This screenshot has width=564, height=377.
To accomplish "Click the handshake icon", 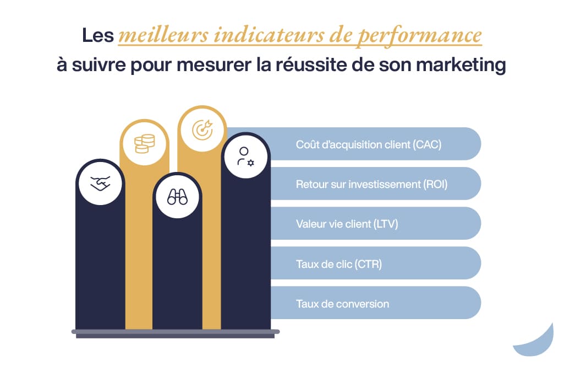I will pos(100,183).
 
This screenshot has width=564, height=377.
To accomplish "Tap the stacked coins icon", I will pos(145,143).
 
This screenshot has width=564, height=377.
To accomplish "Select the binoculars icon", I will pos(177,197).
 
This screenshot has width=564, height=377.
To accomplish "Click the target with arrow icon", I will pos(202,130).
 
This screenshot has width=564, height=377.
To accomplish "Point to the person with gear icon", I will pos(245,157).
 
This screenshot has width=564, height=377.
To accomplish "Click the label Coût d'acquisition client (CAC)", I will pos(369,145).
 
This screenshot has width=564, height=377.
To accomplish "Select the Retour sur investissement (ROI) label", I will pos(371,184).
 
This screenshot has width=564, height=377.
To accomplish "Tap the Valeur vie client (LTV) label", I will pos(347,224).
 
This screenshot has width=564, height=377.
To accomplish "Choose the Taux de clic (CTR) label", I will pos(338,264).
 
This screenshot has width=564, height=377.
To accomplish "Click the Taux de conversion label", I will pos(342,304).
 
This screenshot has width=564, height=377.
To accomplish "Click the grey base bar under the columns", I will pos(176,332).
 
